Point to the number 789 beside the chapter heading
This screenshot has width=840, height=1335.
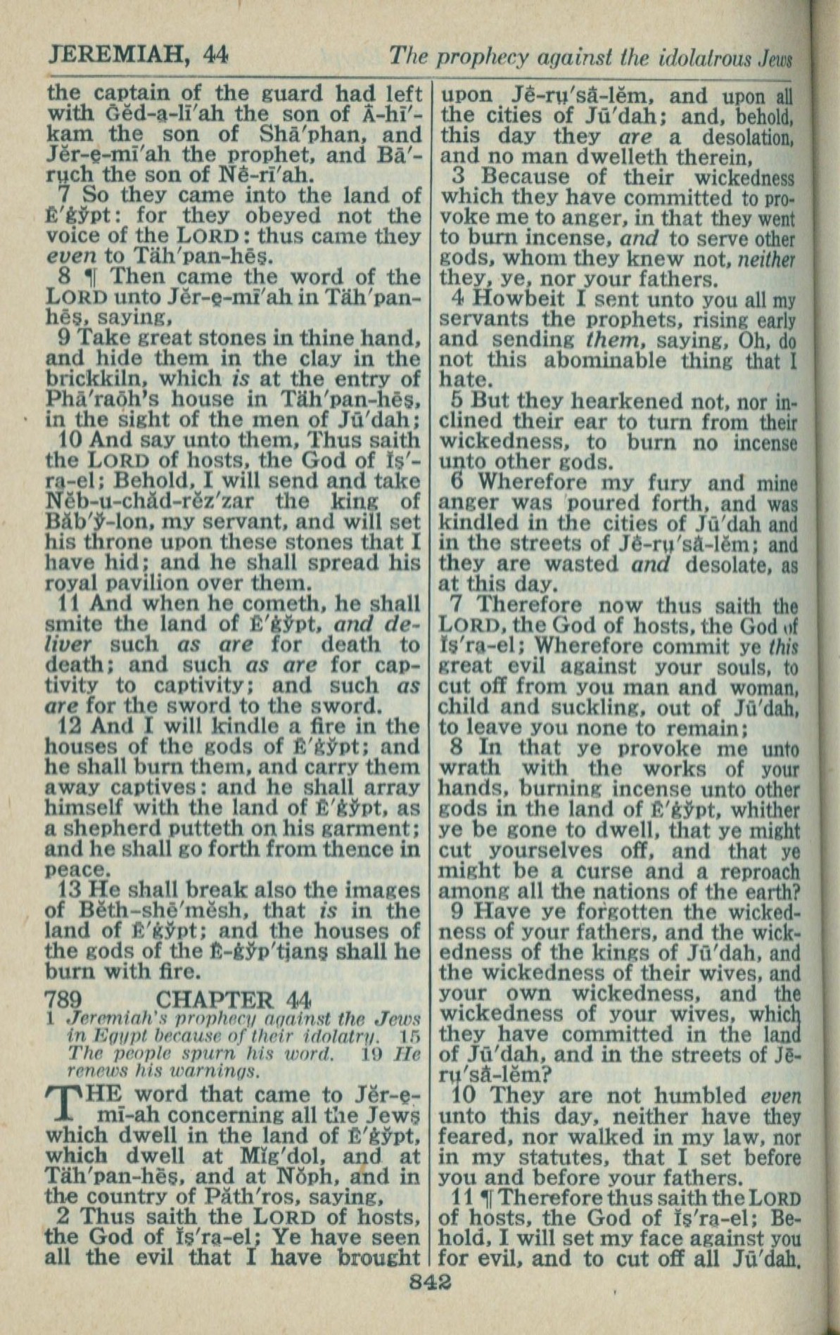(64, 999)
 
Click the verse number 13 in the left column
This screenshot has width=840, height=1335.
(69, 890)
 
